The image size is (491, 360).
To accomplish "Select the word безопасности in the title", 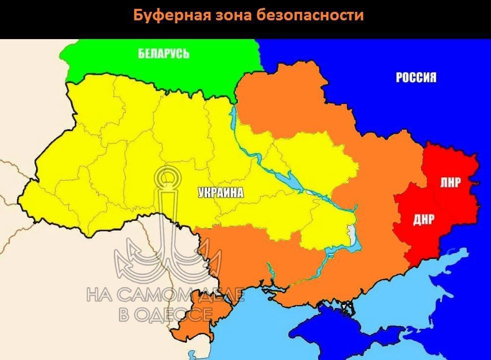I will click(311, 15).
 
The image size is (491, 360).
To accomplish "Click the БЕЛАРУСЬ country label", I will click(164, 53).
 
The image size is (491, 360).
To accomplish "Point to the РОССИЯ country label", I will click(416, 77).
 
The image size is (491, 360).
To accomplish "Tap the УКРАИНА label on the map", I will click(221, 193).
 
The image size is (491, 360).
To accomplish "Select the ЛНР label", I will click(450, 182).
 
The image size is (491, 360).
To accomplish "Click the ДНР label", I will click(423, 219).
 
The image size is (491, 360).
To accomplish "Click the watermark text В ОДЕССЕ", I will click(165, 313).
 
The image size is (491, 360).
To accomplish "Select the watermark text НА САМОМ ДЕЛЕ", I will click(165, 295).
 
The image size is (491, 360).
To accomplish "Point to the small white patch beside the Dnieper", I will click(351, 233).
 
